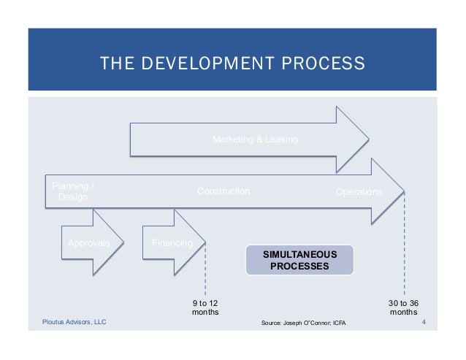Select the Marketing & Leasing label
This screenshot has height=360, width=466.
click(255, 139)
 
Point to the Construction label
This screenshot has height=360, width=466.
click(224, 191)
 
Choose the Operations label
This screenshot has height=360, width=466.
click(359, 191)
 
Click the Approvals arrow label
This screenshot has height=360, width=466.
click(89, 243)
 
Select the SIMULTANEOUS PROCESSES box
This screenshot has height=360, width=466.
click(299, 260)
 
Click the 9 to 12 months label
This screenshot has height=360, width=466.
click(204, 307)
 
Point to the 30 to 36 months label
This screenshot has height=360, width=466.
click(404, 307)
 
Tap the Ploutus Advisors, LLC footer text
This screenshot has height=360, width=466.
click(74, 321)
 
